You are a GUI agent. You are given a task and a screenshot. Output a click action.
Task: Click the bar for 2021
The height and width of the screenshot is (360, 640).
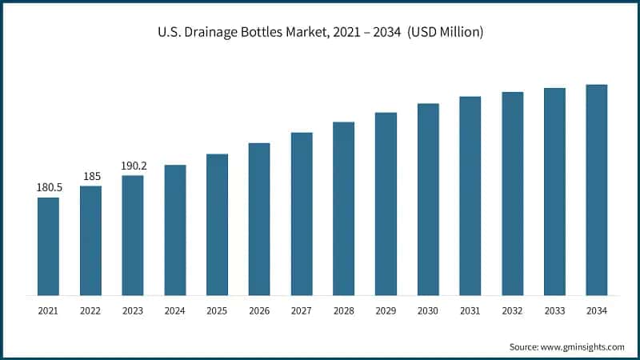48,246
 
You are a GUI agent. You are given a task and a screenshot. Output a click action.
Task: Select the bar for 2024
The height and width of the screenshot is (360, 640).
175,230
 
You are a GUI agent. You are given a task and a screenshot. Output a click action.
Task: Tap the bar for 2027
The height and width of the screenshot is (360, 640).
302,214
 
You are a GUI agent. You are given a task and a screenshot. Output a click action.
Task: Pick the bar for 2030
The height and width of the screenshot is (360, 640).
428,199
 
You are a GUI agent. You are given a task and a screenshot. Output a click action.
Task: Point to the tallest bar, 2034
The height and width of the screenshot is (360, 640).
597,190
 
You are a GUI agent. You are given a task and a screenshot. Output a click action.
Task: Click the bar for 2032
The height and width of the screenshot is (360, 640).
513,194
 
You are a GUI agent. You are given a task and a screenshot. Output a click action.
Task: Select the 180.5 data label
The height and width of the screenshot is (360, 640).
48,187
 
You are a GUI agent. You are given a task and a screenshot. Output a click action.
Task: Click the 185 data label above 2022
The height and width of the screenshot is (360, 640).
90,176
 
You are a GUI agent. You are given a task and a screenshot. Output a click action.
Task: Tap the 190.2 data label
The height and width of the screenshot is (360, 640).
133,166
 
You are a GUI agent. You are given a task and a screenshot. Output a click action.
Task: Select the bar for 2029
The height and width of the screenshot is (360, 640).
386,204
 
